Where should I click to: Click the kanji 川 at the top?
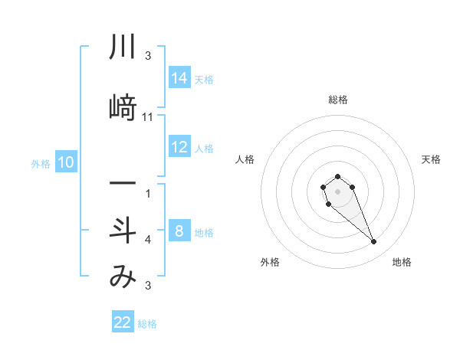pyautogui.click(x=123, y=48)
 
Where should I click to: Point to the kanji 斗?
pyautogui.click(x=123, y=231)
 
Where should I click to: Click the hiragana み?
pyautogui.click(x=123, y=277)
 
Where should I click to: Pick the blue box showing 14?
pyautogui.click(x=179, y=78)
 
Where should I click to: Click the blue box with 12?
pyautogui.click(x=179, y=148)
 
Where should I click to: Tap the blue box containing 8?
pyautogui.click(x=179, y=232)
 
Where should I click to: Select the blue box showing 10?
pyautogui.click(x=66, y=162)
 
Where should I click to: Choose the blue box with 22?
pyautogui.click(x=123, y=322)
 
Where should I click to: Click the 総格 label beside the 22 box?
pyautogui.click(x=147, y=324)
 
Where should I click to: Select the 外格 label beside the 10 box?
pyautogui.click(x=40, y=163)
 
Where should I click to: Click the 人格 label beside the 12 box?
pyautogui.click(x=204, y=149)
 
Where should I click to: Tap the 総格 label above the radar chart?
pyautogui.click(x=337, y=100)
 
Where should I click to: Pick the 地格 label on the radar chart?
pyautogui.click(x=402, y=262)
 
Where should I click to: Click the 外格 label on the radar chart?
pyautogui.click(x=270, y=262)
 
